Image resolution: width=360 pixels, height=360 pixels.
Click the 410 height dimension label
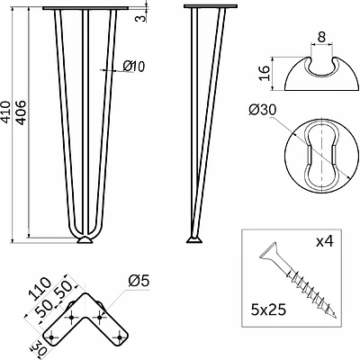point(5,112)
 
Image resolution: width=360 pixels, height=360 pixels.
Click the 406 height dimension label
point(21,112)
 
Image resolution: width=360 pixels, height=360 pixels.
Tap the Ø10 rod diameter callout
point(134,67)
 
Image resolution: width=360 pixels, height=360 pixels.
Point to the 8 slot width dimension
point(321,38)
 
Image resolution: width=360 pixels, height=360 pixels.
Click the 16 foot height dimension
point(265,73)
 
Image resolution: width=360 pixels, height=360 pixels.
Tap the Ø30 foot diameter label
point(262,110)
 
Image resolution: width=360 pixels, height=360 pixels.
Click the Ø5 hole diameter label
point(139,281)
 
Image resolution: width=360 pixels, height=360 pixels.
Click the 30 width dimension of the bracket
point(37,349)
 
